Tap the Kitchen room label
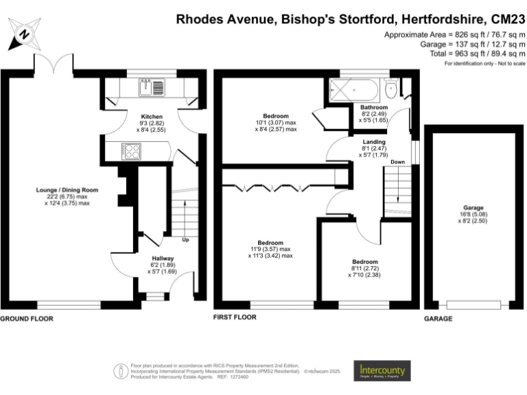[152, 117]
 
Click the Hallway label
[162, 258]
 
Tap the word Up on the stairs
[185, 240]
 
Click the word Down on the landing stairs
[397, 162]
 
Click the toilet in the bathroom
[391, 88]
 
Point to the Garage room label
[473, 208]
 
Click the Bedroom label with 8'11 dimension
[364, 261]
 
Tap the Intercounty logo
[382, 371]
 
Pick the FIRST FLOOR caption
[235, 318]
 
